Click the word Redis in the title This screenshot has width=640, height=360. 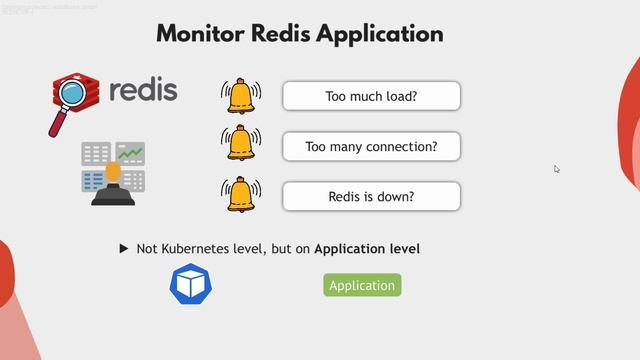pos(286,33)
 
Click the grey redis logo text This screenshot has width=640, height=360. pos(142,89)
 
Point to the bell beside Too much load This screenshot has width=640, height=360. pos(240,95)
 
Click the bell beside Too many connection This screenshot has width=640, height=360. pos(240,144)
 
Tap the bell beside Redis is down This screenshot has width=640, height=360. pos(240,194)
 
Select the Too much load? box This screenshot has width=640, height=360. pos(371,97)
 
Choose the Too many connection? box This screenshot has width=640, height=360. pos(371,147)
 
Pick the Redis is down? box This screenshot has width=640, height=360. pos(371,197)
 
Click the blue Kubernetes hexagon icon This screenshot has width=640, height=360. pos(190,284)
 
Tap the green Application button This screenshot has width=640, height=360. pos(362,285)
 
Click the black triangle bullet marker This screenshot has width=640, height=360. pos(124,248)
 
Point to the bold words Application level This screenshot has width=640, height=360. pos(367,248)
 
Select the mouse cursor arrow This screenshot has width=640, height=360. pos(557,169)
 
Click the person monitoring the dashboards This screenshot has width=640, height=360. pos(113,184)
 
